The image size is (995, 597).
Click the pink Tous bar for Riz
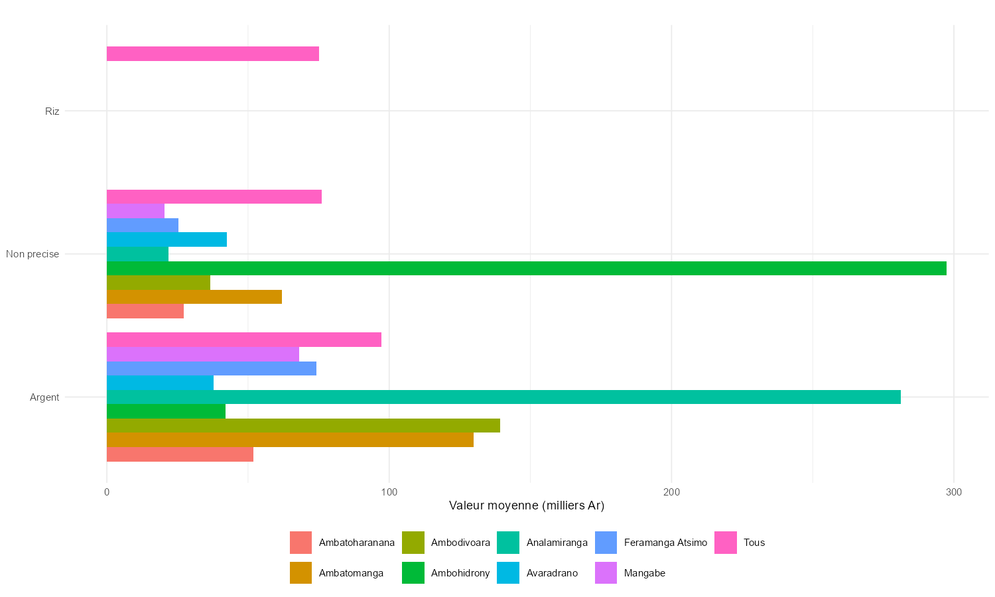coord(212,54)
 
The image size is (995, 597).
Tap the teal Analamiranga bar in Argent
coord(503,397)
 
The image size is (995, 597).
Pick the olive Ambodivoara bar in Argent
coord(303,425)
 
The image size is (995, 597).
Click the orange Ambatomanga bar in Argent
coord(290,440)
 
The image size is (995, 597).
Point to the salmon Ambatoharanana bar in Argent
coord(180,454)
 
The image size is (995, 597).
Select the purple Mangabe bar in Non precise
coord(135,211)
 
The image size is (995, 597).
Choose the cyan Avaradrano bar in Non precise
coord(166,239)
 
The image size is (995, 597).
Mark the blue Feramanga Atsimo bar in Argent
coord(211,368)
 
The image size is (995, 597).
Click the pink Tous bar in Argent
coord(243,340)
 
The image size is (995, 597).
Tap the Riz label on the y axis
coord(52,111)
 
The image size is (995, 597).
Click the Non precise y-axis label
coord(33,254)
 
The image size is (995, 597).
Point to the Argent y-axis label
coord(44,397)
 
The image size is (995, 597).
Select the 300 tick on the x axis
coord(954,492)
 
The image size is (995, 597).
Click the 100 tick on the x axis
coord(389,492)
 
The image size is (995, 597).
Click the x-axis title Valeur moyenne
coord(527,505)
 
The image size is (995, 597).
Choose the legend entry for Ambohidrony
coord(460,573)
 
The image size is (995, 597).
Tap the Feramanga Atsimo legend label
coord(665,543)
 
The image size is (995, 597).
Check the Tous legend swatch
coord(726,543)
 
